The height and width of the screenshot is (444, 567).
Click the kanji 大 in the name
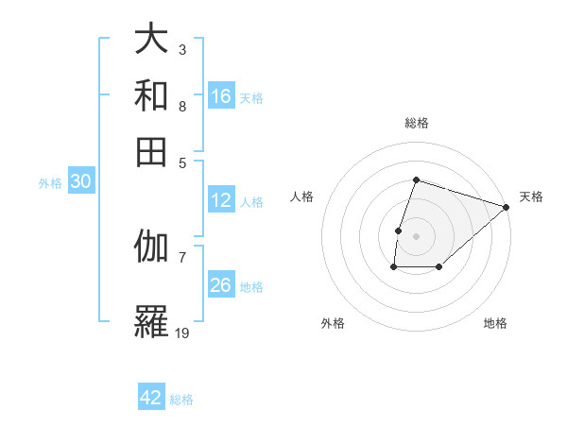[151, 41]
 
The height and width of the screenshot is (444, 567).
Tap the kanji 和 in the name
[151, 95]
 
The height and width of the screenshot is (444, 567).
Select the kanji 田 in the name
[151, 150]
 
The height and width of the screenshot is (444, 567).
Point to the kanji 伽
[151, 247]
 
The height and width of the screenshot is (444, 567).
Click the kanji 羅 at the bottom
[151, 321]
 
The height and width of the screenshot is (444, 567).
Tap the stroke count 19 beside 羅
[182, 333]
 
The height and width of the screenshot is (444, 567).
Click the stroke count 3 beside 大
[181, 49]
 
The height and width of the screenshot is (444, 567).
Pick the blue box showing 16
[220, 96]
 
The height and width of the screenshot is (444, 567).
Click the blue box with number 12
[220, 200]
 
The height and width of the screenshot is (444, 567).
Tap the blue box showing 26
[220, 285]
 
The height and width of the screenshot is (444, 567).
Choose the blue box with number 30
[80, 183]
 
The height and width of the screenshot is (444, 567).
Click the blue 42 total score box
[151, 398]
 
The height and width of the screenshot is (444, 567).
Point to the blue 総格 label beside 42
[181, 400]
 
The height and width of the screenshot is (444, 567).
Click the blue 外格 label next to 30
[49, 184]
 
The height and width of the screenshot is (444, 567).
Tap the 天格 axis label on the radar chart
[531, 196]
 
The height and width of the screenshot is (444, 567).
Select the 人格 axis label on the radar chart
[302, 196]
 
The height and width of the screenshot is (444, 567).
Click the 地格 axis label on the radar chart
[495, 323]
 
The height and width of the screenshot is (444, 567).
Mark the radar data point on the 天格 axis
[507, 207]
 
